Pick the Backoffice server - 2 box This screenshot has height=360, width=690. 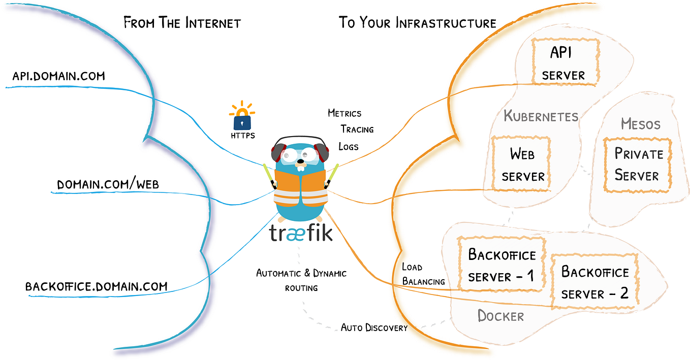click(594, 282)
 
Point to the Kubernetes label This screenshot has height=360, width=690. click(541, 116)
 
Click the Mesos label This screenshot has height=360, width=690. click(640, 124)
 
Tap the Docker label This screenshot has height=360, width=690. click(500, 316)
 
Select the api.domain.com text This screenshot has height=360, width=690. click(58, 76)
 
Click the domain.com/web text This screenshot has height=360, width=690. click(108, 184)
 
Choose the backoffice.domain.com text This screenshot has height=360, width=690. click(96, 286)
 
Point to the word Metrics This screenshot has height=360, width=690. click(344, 113)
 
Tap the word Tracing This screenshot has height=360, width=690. click(357, 129)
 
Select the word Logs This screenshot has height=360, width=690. click(349, 147)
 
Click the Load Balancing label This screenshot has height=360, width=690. click(423, 274)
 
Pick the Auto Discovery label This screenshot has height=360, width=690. click(374, 328)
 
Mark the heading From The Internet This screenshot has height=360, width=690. click(182, 23)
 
